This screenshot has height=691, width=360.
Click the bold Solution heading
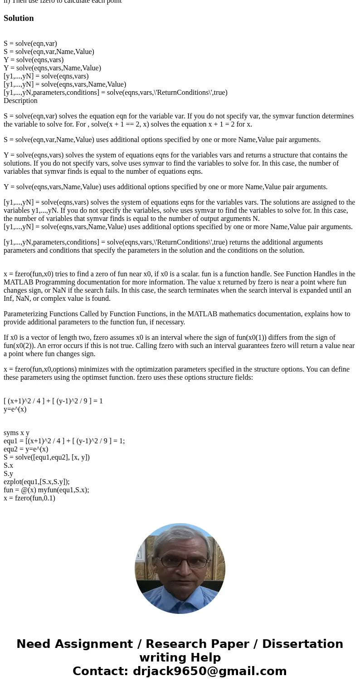click(19, 18)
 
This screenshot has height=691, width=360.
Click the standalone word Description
click(20, 101)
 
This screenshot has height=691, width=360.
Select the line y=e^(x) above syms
click(15, 409)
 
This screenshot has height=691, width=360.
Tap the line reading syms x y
click(16, 433)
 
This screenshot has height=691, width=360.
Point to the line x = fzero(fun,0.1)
click(29, 498)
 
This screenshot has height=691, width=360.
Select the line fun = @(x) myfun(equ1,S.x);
click(46, 490)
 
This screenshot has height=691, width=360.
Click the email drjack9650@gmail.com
click(209, 671)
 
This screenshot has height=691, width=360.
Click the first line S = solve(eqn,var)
click(30, 44)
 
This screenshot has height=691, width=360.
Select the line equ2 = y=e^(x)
click(26, 449)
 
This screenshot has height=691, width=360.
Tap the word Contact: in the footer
click(101, 671)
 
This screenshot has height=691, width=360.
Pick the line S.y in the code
click(8, 474)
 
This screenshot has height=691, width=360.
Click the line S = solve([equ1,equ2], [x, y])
click(47, 457)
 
